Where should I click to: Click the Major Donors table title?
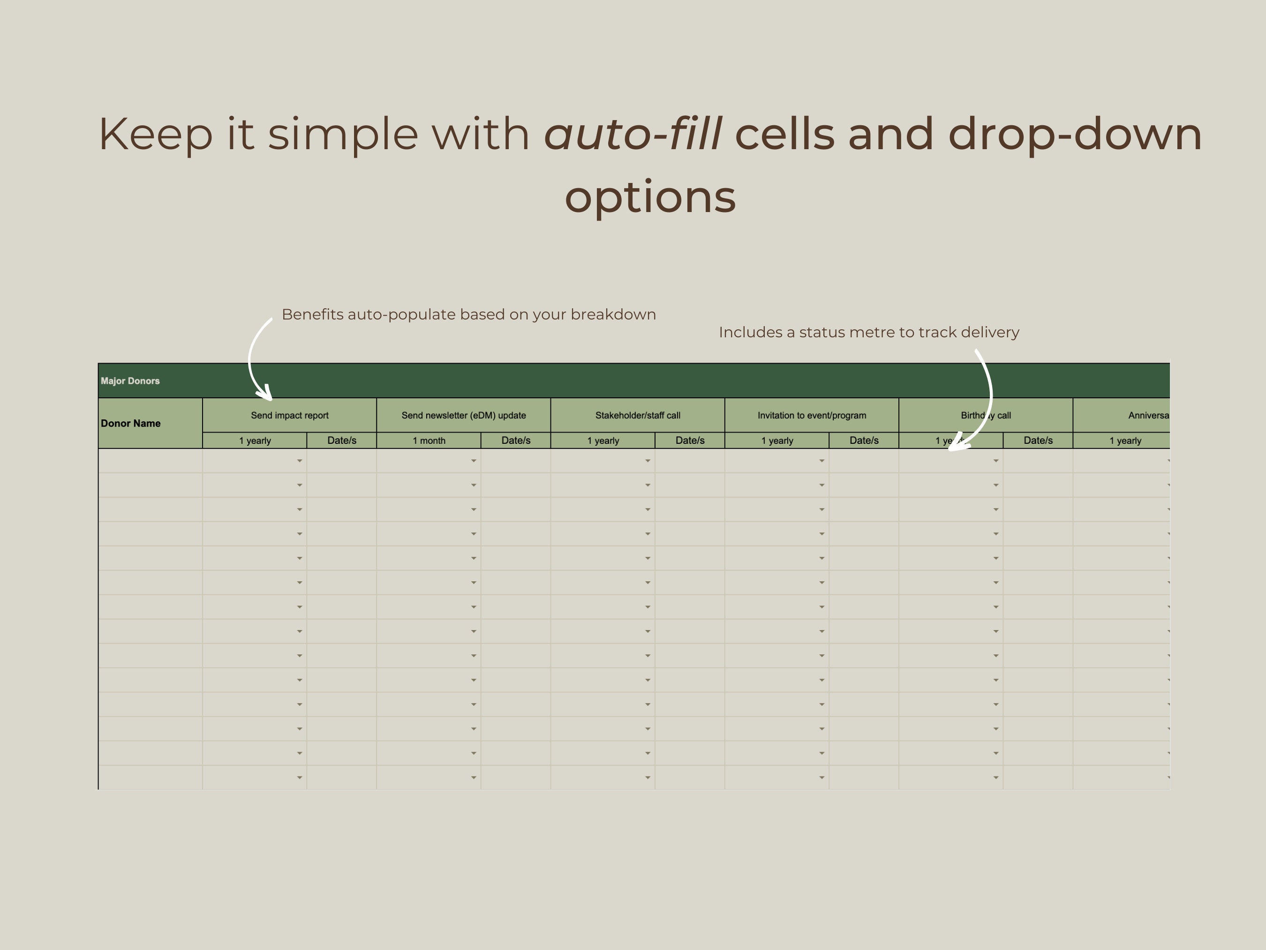click(x=130, y=381)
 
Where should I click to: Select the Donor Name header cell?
click(x=130, y=423)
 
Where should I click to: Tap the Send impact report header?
click(x=290, y=415)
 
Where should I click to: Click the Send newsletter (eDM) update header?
click(x=464, y=415)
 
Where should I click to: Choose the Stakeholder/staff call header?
click(x=638, y=415)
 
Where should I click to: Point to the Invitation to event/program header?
click(x=812, y=415)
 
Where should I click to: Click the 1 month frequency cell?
click(x=429, y=441)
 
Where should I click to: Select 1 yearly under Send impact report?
click(x=255, y=441)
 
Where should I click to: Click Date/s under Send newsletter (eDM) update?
click(x=516, y=441)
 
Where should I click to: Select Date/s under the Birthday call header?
click(x=1038, y=441)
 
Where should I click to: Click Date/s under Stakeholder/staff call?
click(x=690, y=441)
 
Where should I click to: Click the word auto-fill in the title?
click(x=633, y=134)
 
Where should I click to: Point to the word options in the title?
click(x=650, y=197)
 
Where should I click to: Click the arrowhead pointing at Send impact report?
click(x=266, y=394)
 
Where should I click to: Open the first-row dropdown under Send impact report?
click(x=299, y=461)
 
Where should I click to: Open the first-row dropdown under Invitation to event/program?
click(x=821, y=461)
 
